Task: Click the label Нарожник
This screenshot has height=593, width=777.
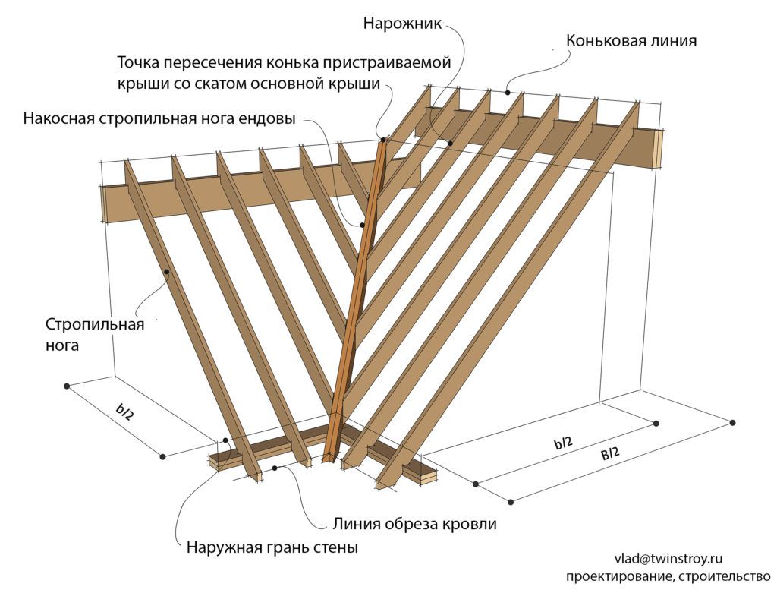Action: click(x=402, y=24)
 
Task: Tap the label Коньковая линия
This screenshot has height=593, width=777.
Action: click(x=631, y=41)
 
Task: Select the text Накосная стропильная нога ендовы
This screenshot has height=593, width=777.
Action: click(x=159, y=119)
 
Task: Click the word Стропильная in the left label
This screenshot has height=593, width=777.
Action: click(x=95, y=325)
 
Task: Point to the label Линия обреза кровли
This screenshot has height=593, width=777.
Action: click(x=414, y=524)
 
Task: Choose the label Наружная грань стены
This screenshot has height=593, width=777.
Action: click(x=272, y=548)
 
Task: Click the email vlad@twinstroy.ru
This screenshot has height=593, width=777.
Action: click(x=668, y=559)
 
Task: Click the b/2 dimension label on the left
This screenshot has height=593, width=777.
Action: click(x=124, y=412)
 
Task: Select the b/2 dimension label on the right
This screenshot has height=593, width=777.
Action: click(x=564, y=443)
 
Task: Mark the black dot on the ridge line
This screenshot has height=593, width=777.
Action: click(x=508, y=92)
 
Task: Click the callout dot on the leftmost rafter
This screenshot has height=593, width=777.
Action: click(x=167, y=271)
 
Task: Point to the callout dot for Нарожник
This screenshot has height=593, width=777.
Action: click(x=451, y=143)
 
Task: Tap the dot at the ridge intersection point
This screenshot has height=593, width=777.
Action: click(x=382, y=139)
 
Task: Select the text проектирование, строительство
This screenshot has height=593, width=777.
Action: click(x=668, y=576)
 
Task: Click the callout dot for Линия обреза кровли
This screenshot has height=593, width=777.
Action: click(x=275, y=468)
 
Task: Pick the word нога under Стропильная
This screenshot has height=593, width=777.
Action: click(x=62, y=345)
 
